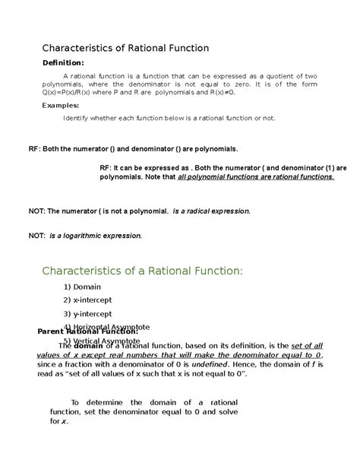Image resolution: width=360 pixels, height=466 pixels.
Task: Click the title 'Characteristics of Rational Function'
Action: coord(125,48)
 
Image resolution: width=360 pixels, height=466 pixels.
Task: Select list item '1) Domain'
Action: coord(87,289)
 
